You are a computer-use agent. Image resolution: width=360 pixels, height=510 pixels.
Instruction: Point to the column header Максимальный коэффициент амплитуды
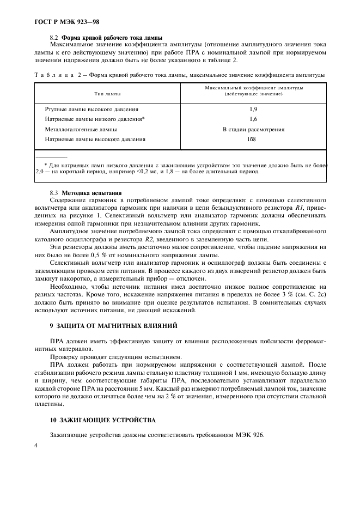(x=254, y=91)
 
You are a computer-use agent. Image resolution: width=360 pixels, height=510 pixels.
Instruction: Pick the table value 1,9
(x=253, y=110)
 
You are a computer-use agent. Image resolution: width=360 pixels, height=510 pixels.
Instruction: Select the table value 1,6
(x=253, y=119)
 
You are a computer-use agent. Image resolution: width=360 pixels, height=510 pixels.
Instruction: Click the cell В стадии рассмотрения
(x=253, y=129)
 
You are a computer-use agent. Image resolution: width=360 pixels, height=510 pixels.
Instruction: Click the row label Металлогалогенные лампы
(x=81, y=130)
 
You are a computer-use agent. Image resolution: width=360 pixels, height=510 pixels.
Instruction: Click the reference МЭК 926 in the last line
(x=250, y=435)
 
